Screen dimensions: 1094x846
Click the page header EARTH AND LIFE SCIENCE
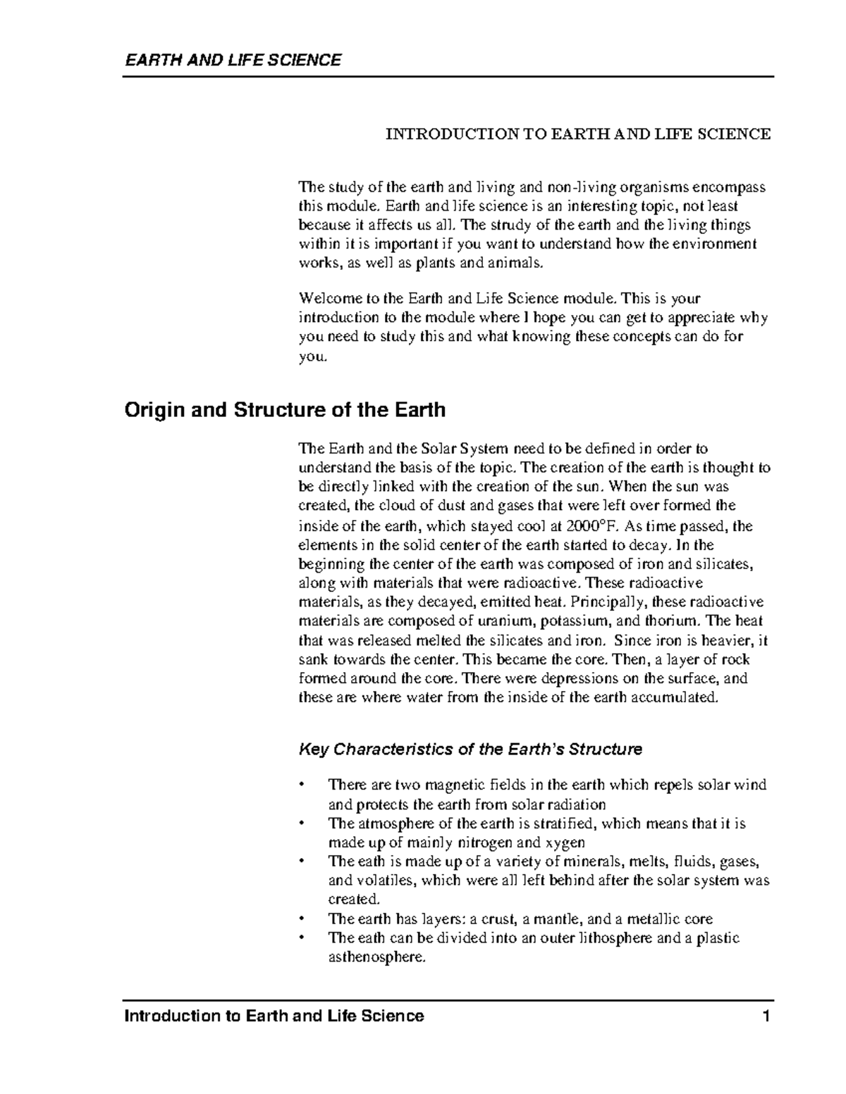233,60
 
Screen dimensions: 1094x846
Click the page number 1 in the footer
768,1016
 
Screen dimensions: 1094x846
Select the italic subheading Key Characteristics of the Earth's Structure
470,749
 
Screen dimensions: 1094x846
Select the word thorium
675,621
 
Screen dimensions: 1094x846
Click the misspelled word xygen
565,843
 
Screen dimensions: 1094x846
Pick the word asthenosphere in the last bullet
377,957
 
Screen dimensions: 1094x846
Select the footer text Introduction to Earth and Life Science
274,1016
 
